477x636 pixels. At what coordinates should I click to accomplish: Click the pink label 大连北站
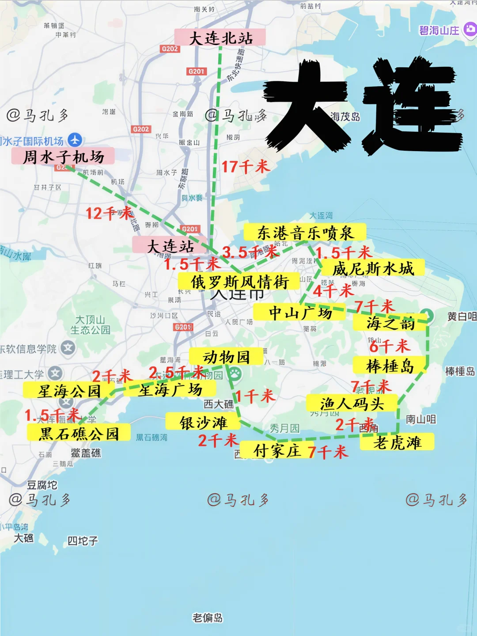click(220, 38)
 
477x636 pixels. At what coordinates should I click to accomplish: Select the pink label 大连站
click(170, 246)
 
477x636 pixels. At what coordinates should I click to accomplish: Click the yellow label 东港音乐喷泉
click(305, 232)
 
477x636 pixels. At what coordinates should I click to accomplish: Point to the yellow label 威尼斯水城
click(373, 268)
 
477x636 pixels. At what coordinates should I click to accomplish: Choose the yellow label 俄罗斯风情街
click(239, 282)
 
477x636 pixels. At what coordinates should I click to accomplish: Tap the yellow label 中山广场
click(300, 313)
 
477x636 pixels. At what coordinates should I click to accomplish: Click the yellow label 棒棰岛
click(390, 366)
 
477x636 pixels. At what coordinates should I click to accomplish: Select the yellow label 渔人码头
click(352, 404)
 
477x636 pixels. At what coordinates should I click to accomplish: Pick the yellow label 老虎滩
click(397, 442)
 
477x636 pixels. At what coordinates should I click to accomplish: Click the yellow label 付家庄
click(277, 450)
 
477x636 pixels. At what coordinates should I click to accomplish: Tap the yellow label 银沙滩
click(203, 423)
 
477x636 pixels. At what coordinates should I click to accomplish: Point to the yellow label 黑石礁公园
click(79, 433)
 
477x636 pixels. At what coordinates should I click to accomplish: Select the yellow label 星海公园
click(69, 391)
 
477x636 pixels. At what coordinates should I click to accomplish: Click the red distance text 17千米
click(245, 167)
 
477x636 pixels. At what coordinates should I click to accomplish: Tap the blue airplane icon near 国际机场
click(75, 140)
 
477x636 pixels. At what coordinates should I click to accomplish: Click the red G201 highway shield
click(197, 71)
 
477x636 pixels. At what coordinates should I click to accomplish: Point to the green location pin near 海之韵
click(427, 315)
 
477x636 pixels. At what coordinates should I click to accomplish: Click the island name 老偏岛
click(208, 617)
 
